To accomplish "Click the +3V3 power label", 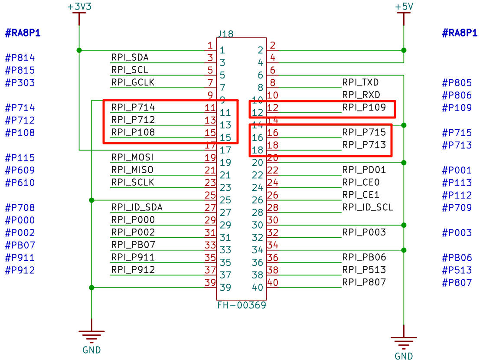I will (x=79, y=7).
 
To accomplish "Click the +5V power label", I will (x=404, y=7).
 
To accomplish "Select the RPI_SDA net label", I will (x=131, y=57).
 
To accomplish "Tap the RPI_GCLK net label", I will (x=133, y=82).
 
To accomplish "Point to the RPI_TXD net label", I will (x=361, y=82).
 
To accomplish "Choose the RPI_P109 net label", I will (x=364, y=108).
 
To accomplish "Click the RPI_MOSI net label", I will (x=132, y=157).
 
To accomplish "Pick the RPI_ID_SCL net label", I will (x=368, y=207).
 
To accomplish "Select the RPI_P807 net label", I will (x=364, y=282).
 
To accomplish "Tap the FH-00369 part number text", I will (x=241, y=305).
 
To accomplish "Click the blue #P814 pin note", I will (x=20, y=58).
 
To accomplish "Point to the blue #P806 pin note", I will (x=457, y=95).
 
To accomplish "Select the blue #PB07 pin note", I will (x=20, y=245).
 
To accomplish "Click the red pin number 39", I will (x=210, y=282).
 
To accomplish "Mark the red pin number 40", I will (x=273, y=282).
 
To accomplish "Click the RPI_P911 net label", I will (x=133, y=257).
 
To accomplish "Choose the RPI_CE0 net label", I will (x=361, y=182).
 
